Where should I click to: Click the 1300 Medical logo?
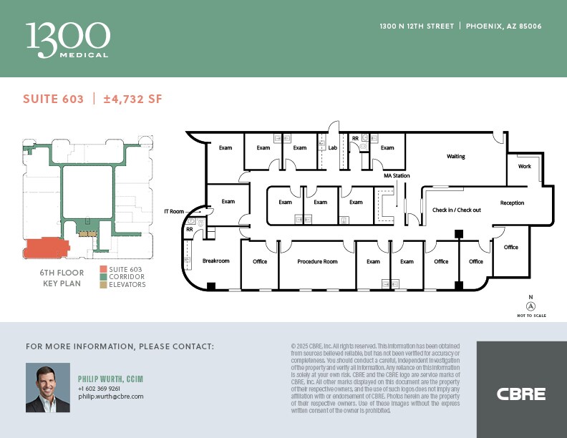tap(68, 39)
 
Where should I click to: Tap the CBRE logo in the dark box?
tap(521, 394)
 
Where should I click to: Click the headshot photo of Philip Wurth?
tap(48, 387)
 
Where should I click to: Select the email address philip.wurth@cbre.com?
tap(111, 396)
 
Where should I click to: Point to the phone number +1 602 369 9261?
tap(99, 388)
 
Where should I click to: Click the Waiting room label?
tap(456, 156)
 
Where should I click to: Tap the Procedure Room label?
tap(317, 261)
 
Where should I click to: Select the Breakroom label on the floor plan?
tap(215, 261)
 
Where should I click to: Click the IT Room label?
tap(174, 211)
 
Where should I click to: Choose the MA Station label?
tap(397, 175)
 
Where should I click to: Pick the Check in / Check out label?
tap(456, 210)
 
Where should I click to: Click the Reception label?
tap(512, 203)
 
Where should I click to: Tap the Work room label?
tap(525, 166)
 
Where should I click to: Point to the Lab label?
tap(333, 148)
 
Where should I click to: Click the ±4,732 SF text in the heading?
tap(133, 99)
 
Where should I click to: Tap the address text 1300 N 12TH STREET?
tap(417, 26)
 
